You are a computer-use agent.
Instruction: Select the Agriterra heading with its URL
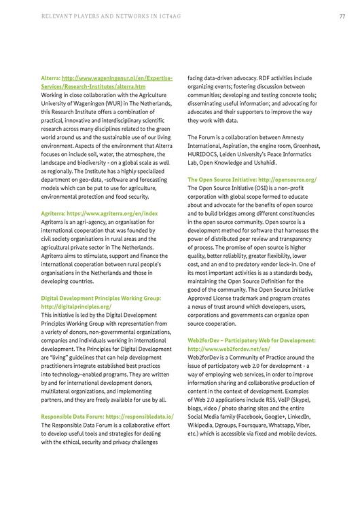pyautogui.click(x=99, y=195)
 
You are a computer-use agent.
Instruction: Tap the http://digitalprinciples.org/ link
pyautogui.click(x=75, y=307)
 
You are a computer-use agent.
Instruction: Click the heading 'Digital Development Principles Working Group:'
pyautogui.click(x=101, y=298)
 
